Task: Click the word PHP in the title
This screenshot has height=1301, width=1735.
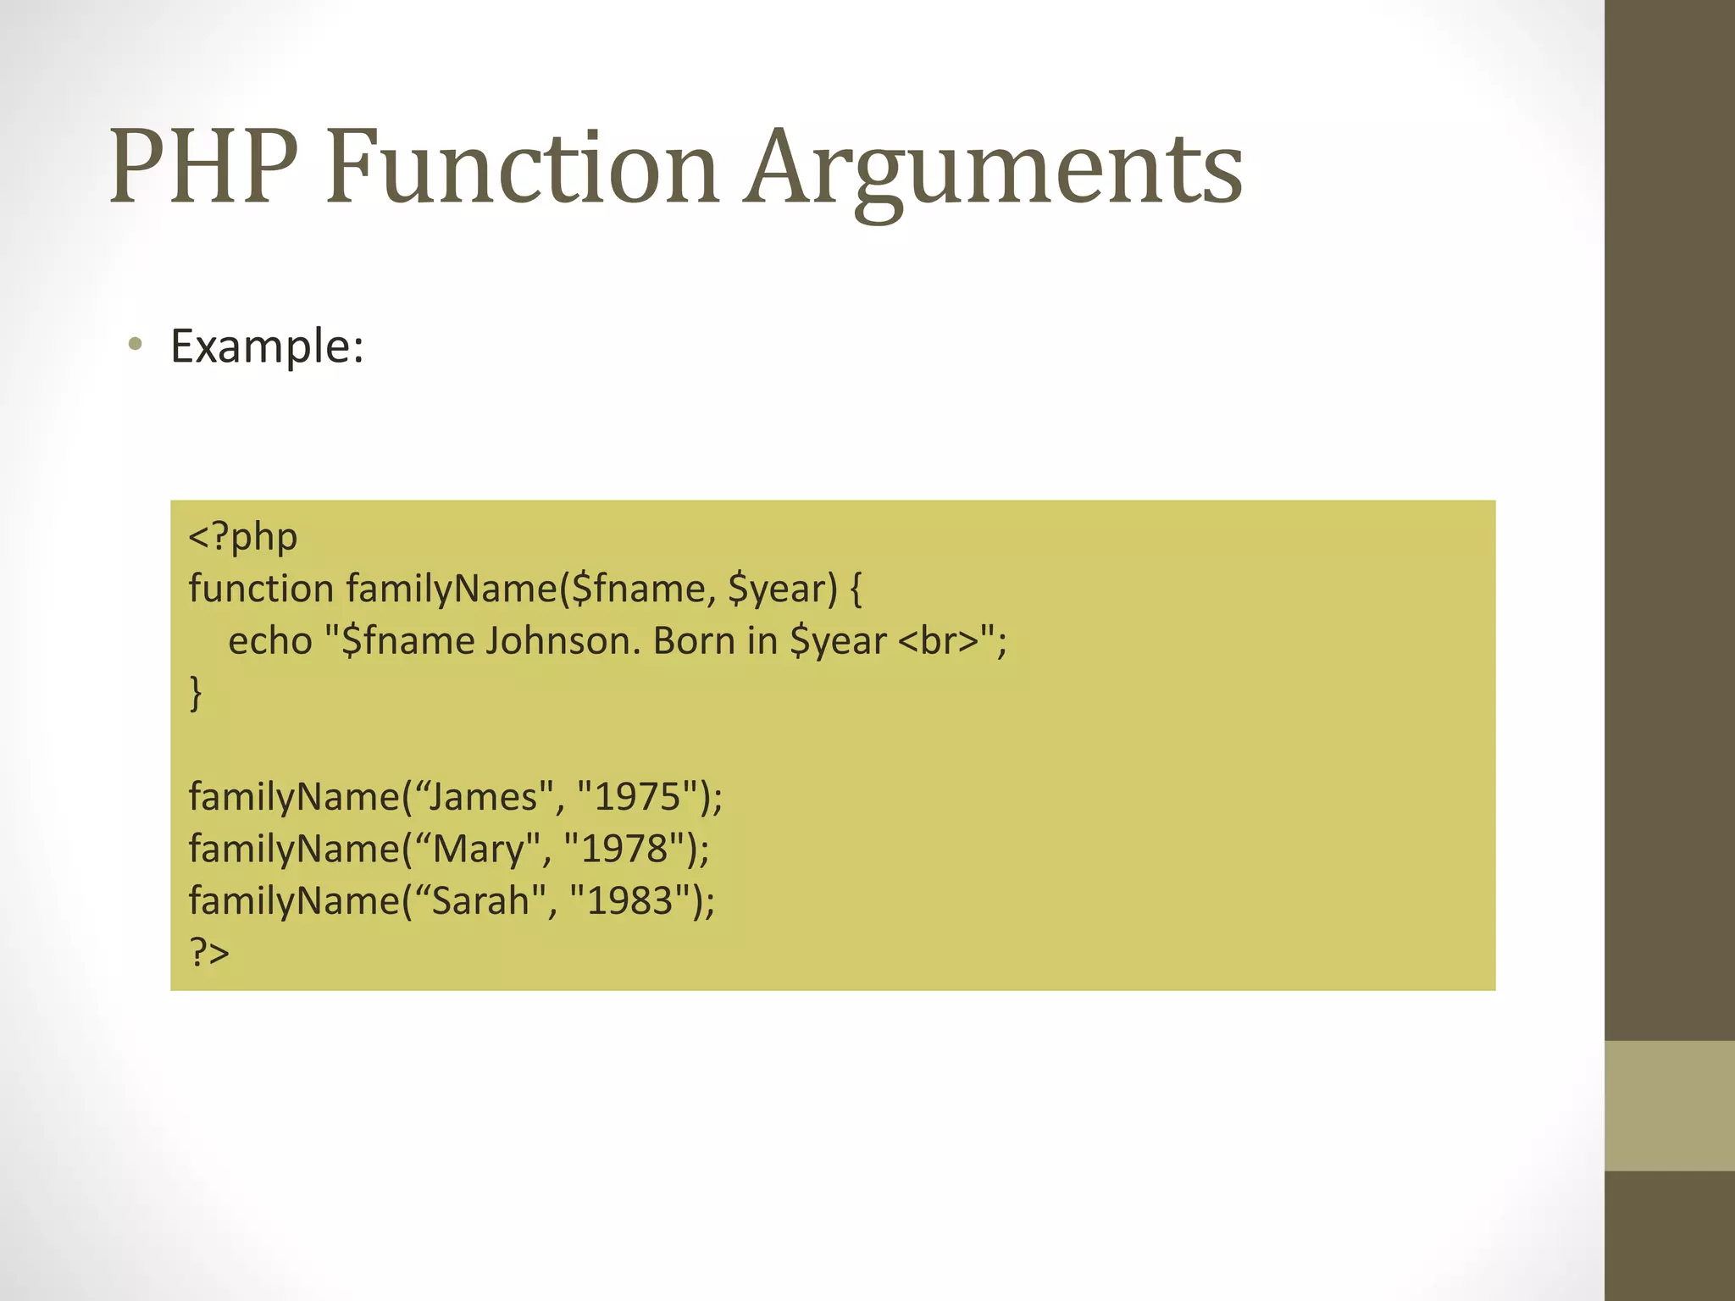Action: pos(203,167)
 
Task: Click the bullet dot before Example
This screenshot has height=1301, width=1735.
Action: pos(135,345)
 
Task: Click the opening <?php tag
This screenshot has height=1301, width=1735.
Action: pos(243,537)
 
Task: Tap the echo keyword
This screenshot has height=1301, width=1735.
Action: pos(270,641)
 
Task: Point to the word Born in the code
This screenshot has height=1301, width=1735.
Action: pos(694,641)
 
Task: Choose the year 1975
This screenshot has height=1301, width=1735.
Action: pos(638,797)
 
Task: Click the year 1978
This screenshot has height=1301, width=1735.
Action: pos(624,849)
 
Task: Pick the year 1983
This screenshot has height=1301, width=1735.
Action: pos(630,900)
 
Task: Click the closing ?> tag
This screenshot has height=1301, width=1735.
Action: pos(209,953)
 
